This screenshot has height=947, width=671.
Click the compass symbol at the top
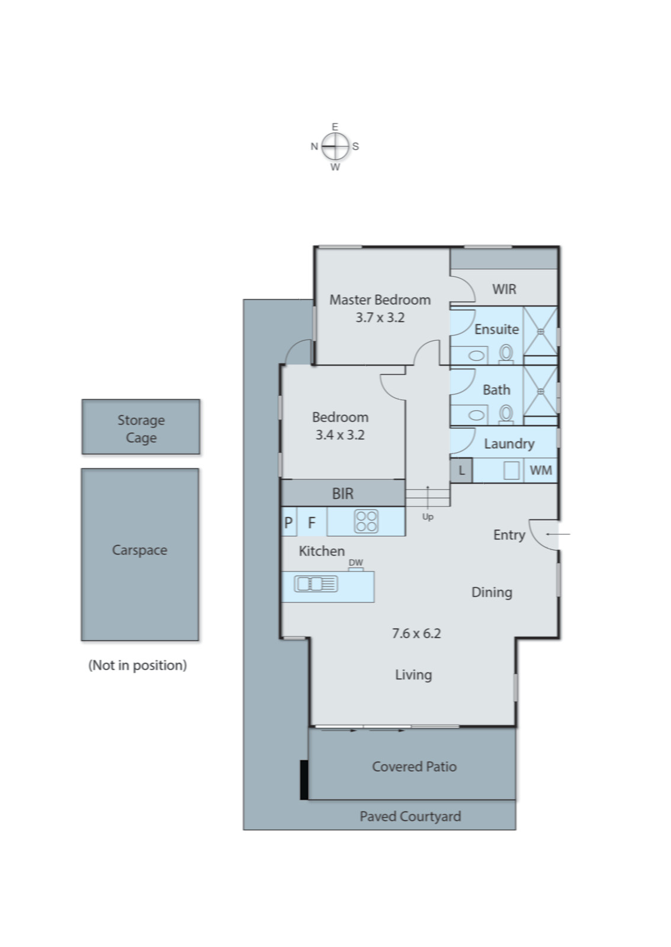point(335,146)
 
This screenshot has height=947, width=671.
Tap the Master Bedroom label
point(380,299)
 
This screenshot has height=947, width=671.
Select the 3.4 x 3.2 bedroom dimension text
point(339,434)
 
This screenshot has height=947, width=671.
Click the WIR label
point(504,289)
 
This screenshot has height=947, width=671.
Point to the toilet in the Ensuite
point(506,353)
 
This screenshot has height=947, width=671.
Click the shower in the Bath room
point(540,391)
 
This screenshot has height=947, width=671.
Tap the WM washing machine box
point(540,470)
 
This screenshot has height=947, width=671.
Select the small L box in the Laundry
point(461,471)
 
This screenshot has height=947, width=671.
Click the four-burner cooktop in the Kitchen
point(366,521)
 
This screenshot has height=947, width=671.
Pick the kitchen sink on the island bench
point(316,584)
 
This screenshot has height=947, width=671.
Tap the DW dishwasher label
point(355,563)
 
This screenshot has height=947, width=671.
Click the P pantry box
point(288,522)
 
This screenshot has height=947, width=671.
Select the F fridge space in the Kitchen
point(312,522)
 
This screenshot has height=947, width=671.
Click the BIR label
point(342,493)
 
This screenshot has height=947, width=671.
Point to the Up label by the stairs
point(428,517)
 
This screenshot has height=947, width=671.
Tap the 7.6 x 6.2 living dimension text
point(416,633)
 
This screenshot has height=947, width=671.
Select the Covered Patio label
point(414,766)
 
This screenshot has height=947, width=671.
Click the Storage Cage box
point(141,427)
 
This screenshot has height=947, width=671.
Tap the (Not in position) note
point(137,665)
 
